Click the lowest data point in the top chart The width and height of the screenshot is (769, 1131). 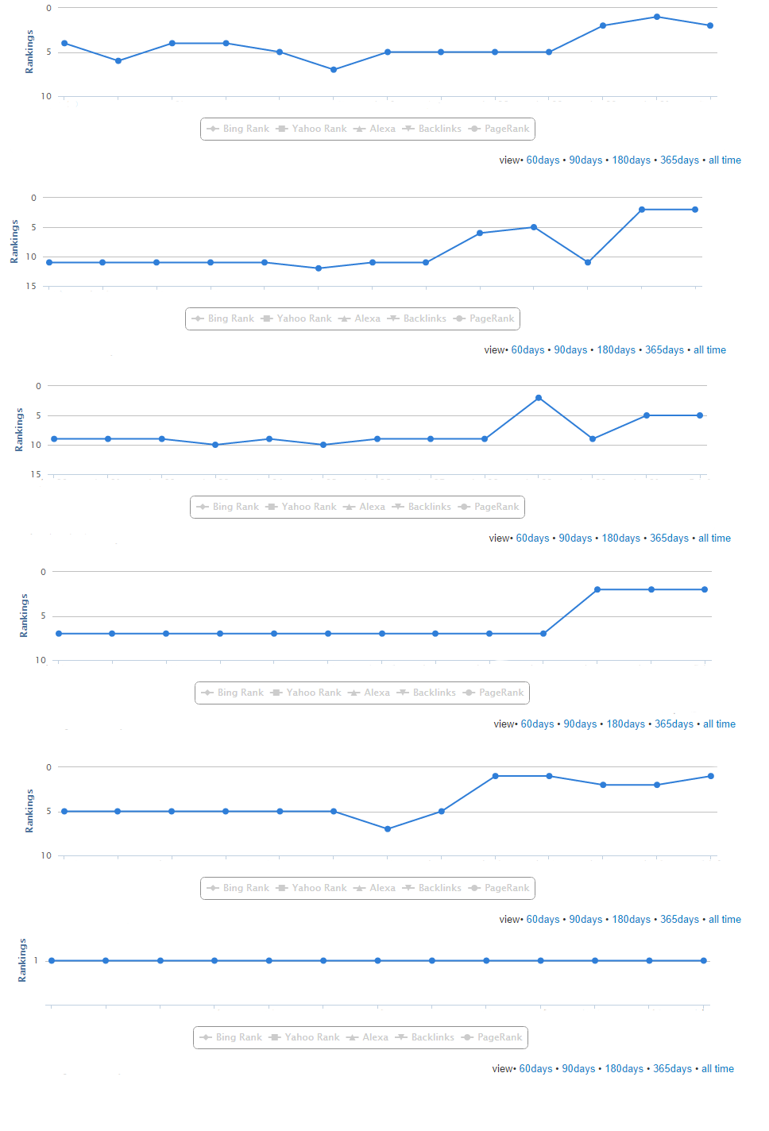tap(334, 70)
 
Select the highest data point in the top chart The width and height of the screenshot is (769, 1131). tap(657, 17)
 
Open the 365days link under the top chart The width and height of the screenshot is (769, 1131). tap(679, 160)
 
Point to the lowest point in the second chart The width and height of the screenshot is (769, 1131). tap(319, 268)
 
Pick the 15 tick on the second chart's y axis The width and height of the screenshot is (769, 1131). tap(31, 286)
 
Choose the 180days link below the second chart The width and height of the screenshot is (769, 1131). tap(616, 350)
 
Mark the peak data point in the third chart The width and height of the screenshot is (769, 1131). tap(539, 398)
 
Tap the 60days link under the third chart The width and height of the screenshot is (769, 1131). tap(532, 538)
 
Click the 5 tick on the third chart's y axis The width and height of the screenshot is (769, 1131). tap(38, 415)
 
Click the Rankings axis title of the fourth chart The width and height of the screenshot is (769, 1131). tap(24, 616)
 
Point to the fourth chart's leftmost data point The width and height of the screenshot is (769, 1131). tap(59, 634)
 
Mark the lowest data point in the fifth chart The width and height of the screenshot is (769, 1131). tap(388, 829)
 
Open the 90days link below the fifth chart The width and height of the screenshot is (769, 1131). tap(585, 920)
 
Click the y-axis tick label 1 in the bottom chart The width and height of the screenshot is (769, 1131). tap(36, 961)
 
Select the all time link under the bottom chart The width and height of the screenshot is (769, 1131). tap(717, 1069)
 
